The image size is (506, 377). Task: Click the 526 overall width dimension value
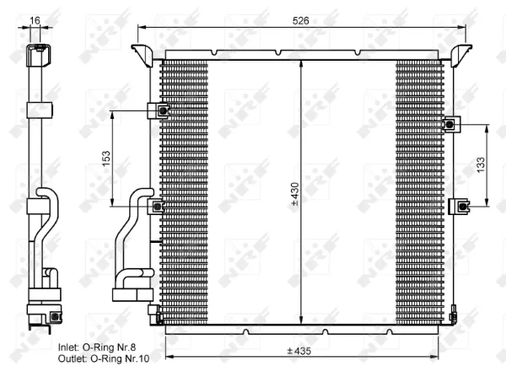[x=300, y=20]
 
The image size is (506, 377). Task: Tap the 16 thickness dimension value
[x=35, y=20]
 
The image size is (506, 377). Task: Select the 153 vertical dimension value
[x=106, y=159]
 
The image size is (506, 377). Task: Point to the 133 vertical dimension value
[x=481, y=164]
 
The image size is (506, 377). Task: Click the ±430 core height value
[x=295, y=194]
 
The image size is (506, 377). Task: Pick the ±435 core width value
[x=299, y=351]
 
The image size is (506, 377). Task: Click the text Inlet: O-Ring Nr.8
[x=97, y=347]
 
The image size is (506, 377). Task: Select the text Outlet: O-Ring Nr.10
[x=104, y=358]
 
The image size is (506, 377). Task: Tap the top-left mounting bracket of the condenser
[x=142, y=55]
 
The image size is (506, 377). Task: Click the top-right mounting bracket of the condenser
[x=461, y=55]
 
